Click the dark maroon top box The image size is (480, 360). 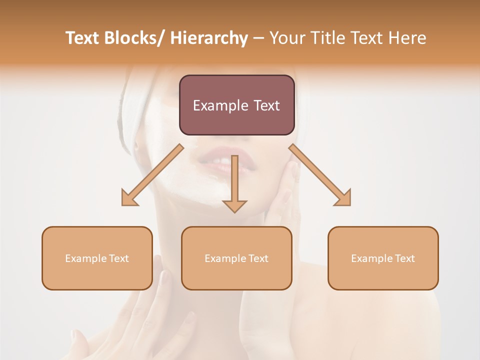236,105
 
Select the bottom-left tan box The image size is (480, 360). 97,258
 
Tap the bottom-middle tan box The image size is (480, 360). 236,258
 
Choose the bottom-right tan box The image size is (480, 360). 383,258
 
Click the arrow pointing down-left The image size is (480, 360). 152,175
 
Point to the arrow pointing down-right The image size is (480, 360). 320,175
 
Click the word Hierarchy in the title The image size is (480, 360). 209,38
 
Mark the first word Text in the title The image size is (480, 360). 83,38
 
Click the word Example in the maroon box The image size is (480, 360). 220,105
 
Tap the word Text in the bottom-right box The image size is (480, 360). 404,258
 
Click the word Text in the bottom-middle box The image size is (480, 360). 258,258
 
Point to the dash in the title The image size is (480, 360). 258,38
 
